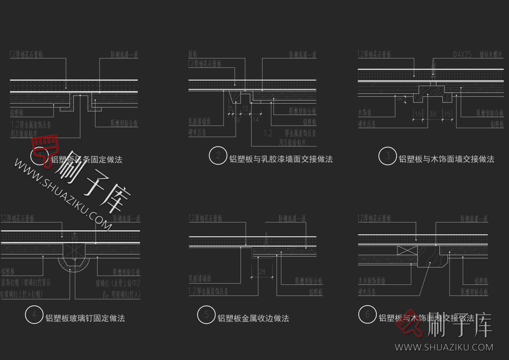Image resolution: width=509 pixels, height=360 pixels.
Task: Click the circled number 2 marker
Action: coord(218,155)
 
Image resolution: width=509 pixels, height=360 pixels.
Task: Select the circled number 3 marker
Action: coord(387,156)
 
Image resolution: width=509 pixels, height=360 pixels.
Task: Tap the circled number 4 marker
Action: coord(34,315)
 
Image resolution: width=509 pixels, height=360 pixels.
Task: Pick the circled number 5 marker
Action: coord(206,315)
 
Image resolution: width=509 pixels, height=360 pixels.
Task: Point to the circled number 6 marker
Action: coord(367,314)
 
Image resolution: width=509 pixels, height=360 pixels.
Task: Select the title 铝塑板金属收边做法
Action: coord(253,318)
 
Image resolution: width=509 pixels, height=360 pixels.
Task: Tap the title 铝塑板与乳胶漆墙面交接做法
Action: coord(281,159)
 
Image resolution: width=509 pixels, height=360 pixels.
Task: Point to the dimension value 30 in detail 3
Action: coord(433,114)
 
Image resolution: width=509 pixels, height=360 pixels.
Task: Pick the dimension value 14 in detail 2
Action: coord(256,120)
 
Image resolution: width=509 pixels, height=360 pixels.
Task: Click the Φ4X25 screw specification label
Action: coord(462,54)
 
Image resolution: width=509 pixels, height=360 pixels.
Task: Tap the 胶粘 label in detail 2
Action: coord(193,54)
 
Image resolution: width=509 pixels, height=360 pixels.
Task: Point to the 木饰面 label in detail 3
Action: coord(365,113)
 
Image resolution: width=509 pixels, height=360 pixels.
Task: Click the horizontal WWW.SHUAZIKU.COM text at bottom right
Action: coord(444,347)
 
